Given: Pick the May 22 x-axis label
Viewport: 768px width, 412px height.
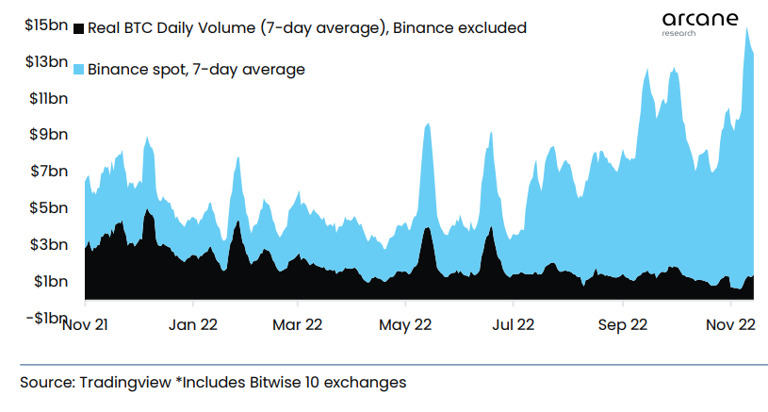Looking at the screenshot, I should click(x=405, y=325).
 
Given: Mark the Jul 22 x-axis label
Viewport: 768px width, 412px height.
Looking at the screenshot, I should click(x=513, y=325).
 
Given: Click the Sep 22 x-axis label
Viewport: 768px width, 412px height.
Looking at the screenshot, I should click(x=623, y=325).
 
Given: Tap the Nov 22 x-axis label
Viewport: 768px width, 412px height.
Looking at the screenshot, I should click(x=730, y=325).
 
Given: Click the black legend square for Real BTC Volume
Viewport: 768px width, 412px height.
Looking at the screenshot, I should click(x=78, y=28).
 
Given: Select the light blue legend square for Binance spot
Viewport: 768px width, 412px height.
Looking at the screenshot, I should click(x=78, y=69).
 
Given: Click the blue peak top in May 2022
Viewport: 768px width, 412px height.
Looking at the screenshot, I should click(x=429, y=124).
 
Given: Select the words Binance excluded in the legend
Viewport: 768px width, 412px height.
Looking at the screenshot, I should click(x=459, y=28).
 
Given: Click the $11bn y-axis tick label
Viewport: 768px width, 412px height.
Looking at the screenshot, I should click(x=46, y=98).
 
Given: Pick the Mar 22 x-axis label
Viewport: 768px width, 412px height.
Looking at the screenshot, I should click(x=298, y=325).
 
